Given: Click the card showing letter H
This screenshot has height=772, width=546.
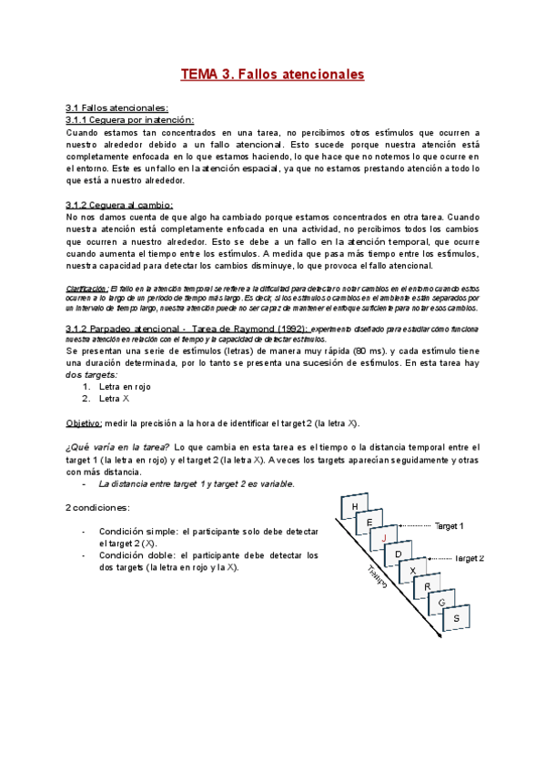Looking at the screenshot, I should pos(354,507).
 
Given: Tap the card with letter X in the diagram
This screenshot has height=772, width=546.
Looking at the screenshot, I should pos(413,570).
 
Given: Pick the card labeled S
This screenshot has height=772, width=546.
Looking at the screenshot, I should pos(457,619).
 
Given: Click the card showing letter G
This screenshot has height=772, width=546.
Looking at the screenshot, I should pos(441,603).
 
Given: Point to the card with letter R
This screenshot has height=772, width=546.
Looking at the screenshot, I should pos(427,586).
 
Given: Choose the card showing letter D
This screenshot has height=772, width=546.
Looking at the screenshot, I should pos(398,554).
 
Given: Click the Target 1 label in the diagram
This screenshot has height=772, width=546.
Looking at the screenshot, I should pos(449,526).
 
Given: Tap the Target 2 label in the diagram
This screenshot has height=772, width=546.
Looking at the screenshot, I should pos(469,557).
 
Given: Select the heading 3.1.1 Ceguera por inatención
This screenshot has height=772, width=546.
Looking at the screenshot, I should pos(130,120).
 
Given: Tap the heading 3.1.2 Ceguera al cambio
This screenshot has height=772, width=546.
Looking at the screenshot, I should pos(119,206).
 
